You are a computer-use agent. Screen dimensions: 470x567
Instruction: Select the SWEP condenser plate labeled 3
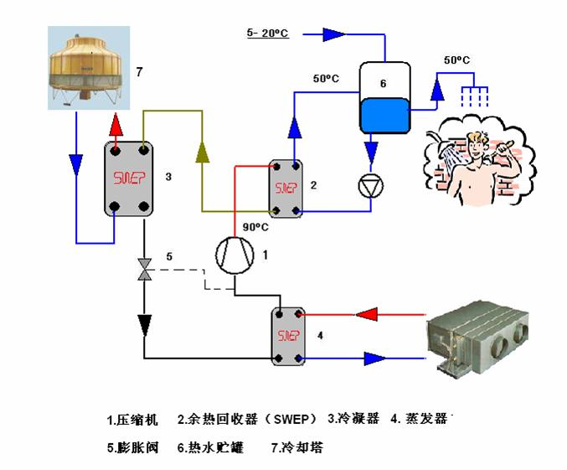128,178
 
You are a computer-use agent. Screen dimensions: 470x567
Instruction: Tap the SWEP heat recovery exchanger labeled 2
285,188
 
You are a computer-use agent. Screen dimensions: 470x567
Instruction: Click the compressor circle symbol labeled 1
235,253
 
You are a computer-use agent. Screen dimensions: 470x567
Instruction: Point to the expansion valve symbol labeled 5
145,269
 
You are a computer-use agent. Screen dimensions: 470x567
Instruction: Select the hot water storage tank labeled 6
381,99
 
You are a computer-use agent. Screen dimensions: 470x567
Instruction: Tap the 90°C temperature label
255,227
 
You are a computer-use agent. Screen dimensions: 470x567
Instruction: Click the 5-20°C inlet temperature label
267,33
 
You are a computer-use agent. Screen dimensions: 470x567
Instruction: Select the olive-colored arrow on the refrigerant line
201,150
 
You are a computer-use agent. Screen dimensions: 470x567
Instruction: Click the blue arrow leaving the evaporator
374,359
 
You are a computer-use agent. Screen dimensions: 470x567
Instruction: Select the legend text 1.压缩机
133,418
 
